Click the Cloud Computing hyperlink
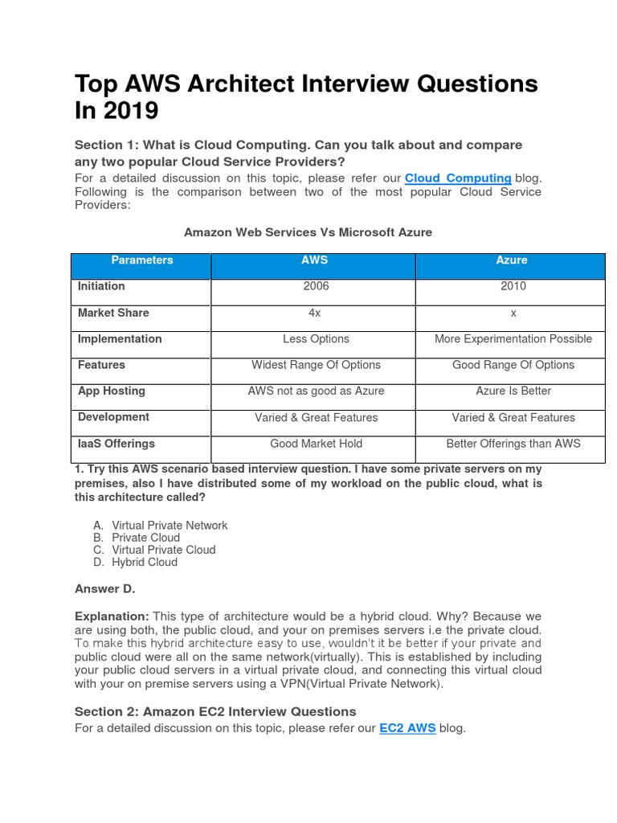(458, 178)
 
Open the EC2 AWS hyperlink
(407, 728)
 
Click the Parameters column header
(141, 260)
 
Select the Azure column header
(512, 260)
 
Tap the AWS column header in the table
(314, 260)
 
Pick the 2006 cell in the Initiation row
(316, 286)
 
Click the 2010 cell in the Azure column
(513, 286)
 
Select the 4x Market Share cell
(316, 313)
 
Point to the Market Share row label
(113, 313)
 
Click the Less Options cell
(316, 339)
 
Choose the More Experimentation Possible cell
(513, 339)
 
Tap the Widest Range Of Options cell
(316, 365)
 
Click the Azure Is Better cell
(513, 391)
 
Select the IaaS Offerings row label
(116, 444)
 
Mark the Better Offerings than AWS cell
(513, 444)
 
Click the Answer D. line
(105, 589)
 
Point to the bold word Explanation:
(112, 616)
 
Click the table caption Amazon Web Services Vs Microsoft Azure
(308, 232)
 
